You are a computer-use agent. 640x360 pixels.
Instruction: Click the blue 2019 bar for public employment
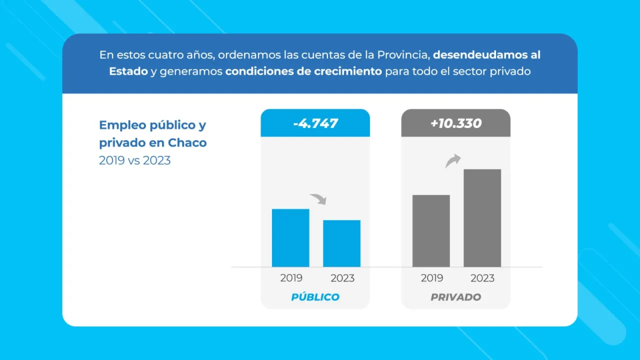[x=290, y=237]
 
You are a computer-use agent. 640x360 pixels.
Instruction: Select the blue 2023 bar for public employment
[x=341, y=243]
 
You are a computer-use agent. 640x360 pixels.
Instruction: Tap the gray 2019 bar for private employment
[x=431, y=230]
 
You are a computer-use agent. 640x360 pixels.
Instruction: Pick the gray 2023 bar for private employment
[x=482, y=217]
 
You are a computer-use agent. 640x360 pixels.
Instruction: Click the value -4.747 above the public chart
[x=315, y=123]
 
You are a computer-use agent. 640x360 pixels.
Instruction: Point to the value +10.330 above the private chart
[x=456, y=123]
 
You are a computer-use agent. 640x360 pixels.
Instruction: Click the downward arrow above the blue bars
[x=318, y=199]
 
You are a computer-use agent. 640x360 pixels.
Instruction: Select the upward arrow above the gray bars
[x=453, y=161]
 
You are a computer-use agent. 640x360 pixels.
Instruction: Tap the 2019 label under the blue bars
[x=291, y=278]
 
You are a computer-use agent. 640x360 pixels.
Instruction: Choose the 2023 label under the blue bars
[x=342, y=278]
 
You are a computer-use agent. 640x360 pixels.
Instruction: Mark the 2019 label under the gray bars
[x=431, y=278]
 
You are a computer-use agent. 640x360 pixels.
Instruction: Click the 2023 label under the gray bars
[x=482, y=278]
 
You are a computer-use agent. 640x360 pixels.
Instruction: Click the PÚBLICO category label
[x=315, y=297]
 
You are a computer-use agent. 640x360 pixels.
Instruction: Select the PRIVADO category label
[x=456, y=297]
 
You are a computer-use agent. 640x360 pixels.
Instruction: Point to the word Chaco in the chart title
[x=187, y=142]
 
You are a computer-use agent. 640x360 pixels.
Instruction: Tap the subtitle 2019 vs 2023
[x=134, y=160]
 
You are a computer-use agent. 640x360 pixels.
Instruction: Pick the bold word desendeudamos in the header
[x=481, y=54]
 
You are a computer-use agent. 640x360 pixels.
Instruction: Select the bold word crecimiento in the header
[x=347, y=71]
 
